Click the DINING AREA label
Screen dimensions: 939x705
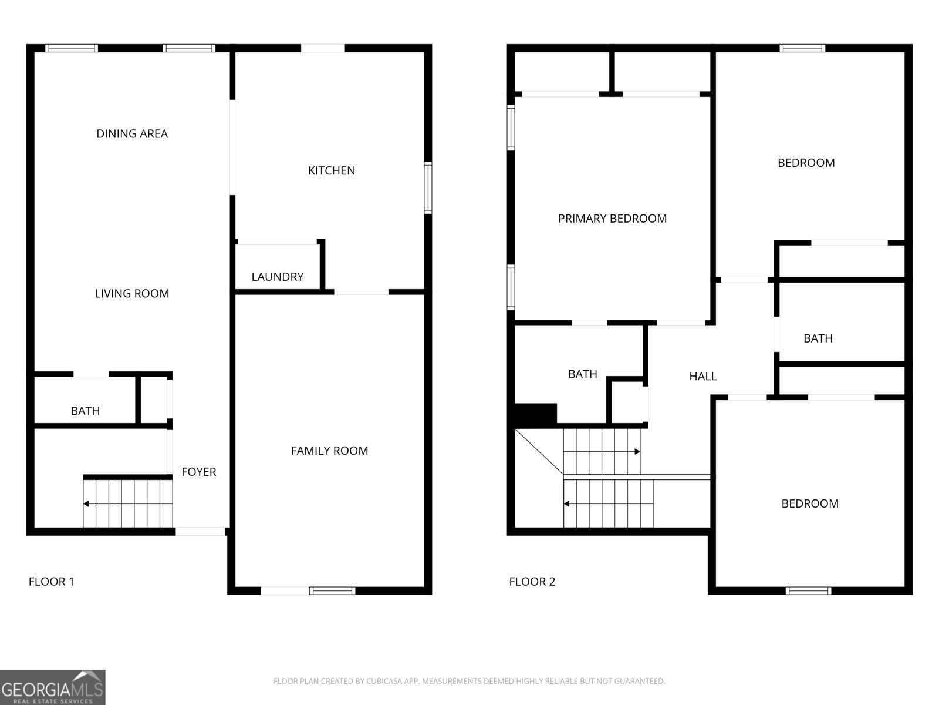pyautogui.click(x=132, y=134)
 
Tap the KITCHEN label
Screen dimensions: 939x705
pyautogui.click(x=332, y=171)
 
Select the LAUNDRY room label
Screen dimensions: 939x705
pyautogui.click(x=277, y=277)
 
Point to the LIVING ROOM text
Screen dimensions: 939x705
pyautogui.click(x=132, y=294)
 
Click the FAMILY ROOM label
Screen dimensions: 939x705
pyautogui.click(x=329, y=451)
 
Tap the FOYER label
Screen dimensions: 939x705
pyautogui.click(x=198, y=472)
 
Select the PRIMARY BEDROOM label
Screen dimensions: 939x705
pyautogui.click(x=612, y=219)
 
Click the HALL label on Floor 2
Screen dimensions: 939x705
pyautogui.click(x=703, y=376)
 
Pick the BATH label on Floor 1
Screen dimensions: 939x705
pyautogui.click(x=85, y=411)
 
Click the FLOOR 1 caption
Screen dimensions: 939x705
pyautogui.click(x=51, y=582)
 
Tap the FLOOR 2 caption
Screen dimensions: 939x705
pyautogui.click(x=532, y=582)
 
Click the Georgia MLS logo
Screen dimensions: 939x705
pyautogui.click(x=53, y=687)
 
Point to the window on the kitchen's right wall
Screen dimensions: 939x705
pyautogui.click(x=428, y=187)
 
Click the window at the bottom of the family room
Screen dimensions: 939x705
pyautogui.click(x=332, y=591)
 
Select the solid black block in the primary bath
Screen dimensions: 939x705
pyautogui.click(x=536, y=415)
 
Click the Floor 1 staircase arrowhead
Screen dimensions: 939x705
pyautogui.click(x=86, y=504)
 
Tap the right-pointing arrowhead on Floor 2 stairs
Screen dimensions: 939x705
pyautogui.click(x=637, y=452)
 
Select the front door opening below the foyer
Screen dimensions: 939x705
pyautogui.click(x=200, y=532)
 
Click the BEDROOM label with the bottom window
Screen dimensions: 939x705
pyautogui.click(x=810, y=504)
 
